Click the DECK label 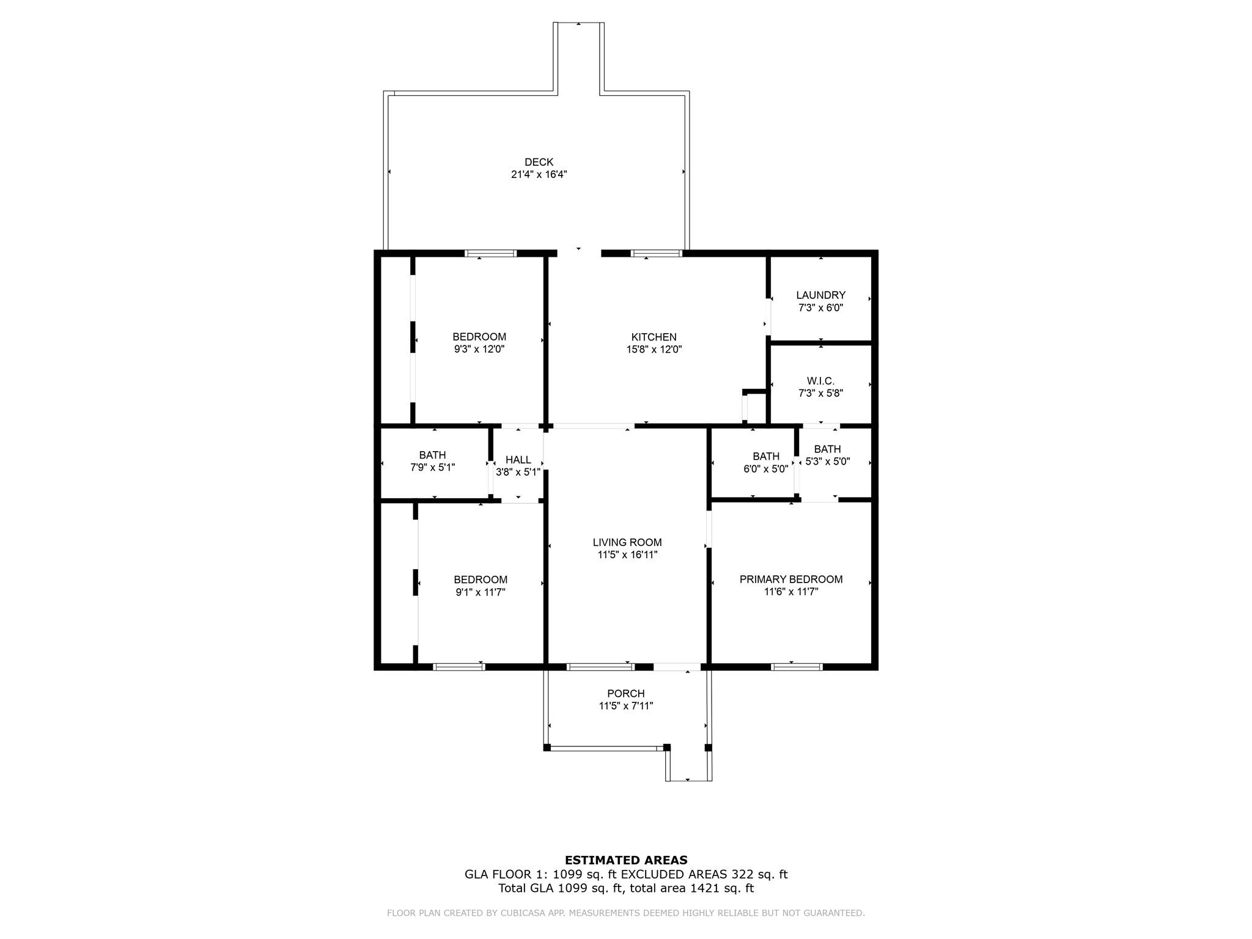coord(539,162)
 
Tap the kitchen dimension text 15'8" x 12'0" coord(654,350)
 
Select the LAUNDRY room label coord(820,295)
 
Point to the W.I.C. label coord(820,381)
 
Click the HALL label coord(518,460)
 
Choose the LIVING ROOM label coord(627,542)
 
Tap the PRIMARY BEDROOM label coord(790,579)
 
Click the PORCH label coord(625,693)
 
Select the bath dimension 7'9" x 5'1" coord(432,468)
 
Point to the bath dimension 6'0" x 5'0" coord(765,469)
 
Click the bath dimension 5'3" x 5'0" coord(828,462)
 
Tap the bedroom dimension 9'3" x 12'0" coord(479,350)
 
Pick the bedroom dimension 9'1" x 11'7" coord(480,592)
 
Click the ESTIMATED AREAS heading coord(625,860)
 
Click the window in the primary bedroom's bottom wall coord(796,667)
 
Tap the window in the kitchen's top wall coord(656,253)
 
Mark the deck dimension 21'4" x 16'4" coord(539,174)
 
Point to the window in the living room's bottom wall coord(600,667)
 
